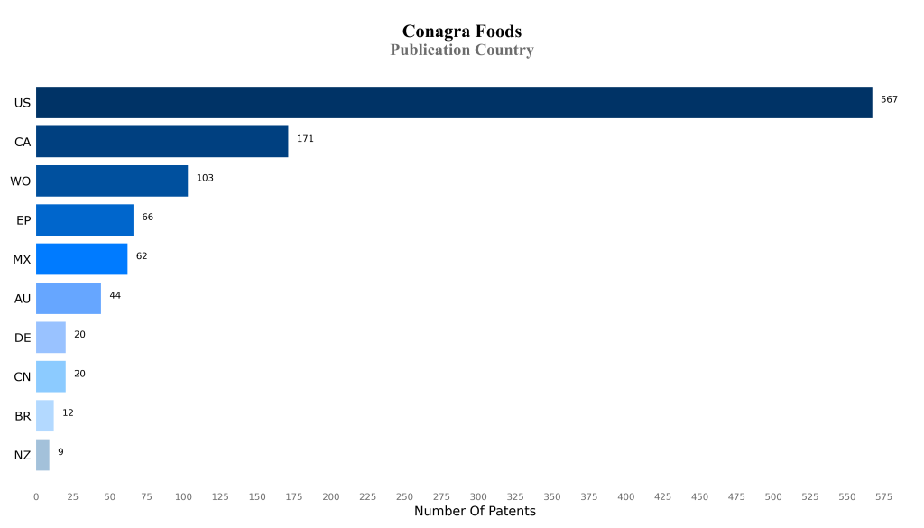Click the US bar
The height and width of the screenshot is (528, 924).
(454, 103)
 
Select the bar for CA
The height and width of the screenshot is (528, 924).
(162, 142)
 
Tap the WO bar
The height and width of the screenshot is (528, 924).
(112, 181)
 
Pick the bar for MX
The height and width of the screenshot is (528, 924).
(82, 259)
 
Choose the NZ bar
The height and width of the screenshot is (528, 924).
(42, 455)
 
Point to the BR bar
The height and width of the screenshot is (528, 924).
(45, 416)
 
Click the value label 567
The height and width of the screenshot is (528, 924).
(889, 99)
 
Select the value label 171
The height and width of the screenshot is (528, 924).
(305, 139)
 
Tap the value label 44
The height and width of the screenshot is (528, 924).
(115, 295)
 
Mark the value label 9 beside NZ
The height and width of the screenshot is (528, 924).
(60, 451)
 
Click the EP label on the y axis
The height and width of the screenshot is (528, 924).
(23, 220)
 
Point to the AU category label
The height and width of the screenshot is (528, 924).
(23, 299)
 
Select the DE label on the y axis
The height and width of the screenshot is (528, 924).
(23, 338)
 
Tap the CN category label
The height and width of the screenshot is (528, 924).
(23, 377)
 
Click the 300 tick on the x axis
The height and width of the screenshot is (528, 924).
(478, 496)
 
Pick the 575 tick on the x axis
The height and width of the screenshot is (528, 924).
(883, 496)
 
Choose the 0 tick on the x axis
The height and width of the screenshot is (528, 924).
(36, 496)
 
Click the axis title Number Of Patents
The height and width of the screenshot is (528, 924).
(475, 512)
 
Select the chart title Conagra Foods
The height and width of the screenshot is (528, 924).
(462, 32)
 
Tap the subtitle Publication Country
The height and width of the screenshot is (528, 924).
(462, 51)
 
